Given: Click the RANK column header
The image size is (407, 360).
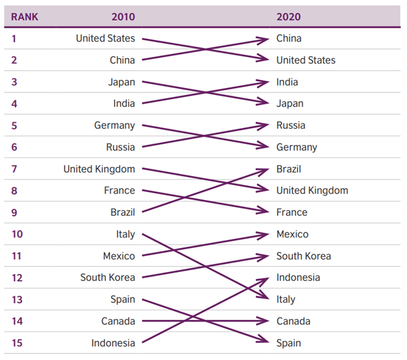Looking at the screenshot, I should (25, 17).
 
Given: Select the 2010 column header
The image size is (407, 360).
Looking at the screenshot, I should (123, 17).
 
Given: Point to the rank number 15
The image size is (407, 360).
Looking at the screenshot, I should (17, 343).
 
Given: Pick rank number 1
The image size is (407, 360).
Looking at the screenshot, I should (13, 38).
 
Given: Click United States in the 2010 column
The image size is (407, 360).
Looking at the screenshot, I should (105, 38).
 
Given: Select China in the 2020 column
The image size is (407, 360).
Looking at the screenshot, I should (289, 38).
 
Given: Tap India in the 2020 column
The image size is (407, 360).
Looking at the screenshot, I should (287, 82).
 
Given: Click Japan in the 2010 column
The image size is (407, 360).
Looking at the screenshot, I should (121, 82).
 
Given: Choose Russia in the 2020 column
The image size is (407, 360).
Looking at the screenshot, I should (290, 126).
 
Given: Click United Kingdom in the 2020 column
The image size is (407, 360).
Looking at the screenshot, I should (312, 191).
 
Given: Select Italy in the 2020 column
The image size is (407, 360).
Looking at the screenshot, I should (285, 299).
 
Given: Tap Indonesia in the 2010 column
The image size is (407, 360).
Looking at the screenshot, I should (113, 343).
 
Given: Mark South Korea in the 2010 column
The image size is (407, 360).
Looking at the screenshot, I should (107, 278).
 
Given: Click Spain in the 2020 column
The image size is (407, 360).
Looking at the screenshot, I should (289, 343).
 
